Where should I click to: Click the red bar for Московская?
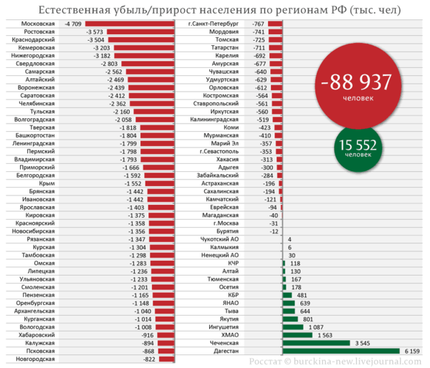129,24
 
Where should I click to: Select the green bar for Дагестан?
341,352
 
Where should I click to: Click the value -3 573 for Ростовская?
95,33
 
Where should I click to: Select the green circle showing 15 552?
358,147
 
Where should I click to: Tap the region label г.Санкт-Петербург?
214,24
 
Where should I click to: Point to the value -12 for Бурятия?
274,232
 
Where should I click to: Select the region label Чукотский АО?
220,240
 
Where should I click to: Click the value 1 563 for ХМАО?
325,335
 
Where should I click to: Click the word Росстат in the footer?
264,362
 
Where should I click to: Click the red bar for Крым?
159,183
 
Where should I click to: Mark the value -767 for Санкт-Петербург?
259,24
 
